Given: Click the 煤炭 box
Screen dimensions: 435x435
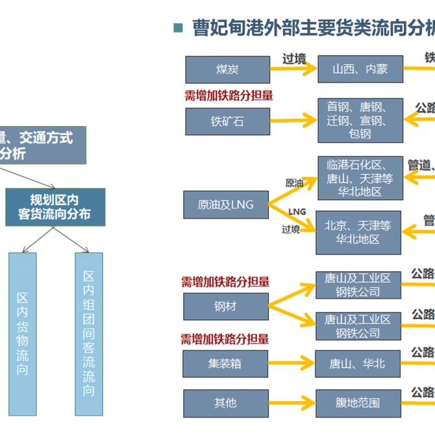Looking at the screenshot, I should (227, 69).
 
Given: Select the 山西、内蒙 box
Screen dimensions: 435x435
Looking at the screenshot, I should (360, 69).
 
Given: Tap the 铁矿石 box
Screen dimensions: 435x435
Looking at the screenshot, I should (227, 121).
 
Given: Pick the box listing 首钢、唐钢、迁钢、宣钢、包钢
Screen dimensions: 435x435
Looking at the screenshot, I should (360, 120).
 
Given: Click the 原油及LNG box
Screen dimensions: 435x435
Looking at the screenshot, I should (225, 205).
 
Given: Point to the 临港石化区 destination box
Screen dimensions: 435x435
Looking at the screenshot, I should (360, 178).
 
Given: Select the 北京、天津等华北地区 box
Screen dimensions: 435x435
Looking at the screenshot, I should (358, 232).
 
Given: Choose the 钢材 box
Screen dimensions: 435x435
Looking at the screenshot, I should (225, 306).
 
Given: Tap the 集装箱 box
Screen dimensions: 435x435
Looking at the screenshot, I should (225, 364).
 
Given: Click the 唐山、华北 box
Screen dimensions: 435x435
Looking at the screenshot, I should (357, 364).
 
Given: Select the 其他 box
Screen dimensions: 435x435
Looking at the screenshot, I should (225, 403).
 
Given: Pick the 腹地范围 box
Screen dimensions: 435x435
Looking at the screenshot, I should (357, 403).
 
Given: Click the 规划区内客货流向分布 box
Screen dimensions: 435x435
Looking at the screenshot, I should (55, 207).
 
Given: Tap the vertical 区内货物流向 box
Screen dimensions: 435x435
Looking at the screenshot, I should (23, 334).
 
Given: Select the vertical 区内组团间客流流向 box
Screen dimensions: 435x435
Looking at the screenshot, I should (89, 334).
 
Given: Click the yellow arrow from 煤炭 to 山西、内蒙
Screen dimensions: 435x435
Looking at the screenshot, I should (293, 69).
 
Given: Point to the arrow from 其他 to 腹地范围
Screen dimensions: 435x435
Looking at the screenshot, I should (292, 403).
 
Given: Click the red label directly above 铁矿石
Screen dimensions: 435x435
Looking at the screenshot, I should (229, 96).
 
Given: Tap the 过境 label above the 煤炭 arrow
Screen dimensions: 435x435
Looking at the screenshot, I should (294, 58).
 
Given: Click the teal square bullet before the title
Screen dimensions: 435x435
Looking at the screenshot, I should (179, 28).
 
